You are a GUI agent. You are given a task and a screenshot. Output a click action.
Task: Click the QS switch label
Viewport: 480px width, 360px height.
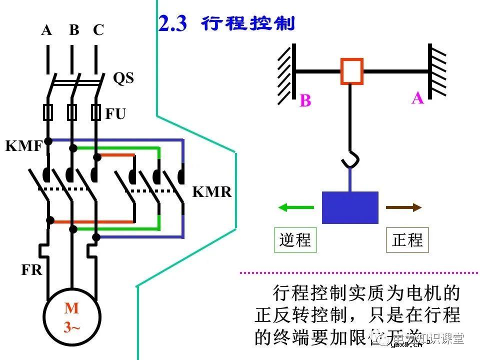(x=123, y=78)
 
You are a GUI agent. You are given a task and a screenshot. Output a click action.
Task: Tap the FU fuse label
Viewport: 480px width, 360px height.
(x=115, y=114)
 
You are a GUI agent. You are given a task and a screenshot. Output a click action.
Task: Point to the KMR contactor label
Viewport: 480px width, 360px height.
(x=212, y=192)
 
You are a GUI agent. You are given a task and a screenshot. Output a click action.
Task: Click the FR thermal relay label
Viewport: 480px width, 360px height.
(x=31, y=270)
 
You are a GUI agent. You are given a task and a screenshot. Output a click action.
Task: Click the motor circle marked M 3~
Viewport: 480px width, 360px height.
(x=72, y=318)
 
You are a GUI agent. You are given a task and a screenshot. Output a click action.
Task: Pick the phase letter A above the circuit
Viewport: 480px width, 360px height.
(x=46, y=30)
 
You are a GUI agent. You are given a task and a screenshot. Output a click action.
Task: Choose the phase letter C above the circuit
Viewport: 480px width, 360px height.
(x=98, y=30)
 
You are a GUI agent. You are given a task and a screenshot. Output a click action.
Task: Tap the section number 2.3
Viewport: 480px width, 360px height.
(x=172, y=24)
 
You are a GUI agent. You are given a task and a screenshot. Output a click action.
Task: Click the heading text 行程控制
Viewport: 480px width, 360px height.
(x=248, y=23)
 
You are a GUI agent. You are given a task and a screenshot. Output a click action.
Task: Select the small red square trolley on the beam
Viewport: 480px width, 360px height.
(x=352, y=71)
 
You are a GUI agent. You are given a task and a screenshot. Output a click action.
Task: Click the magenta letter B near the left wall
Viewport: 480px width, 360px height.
(x=305, y=100)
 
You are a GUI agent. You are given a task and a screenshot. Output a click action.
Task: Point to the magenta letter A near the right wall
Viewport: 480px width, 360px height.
(x=417, y=98)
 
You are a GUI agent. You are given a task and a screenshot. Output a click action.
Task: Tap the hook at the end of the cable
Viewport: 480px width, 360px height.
(x=348, y=159)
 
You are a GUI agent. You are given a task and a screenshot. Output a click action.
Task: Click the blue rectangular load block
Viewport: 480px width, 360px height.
(x=350, y=207)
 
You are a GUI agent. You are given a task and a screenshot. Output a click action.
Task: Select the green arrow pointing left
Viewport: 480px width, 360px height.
(x=296, y=207)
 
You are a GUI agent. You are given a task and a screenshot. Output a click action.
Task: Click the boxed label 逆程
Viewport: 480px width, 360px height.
(x=295, y=240)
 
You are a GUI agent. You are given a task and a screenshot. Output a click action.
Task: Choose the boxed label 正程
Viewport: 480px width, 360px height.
(x=407, y=240)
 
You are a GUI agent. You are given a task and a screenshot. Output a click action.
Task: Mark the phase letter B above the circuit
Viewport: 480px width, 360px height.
(x=74, y=30)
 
